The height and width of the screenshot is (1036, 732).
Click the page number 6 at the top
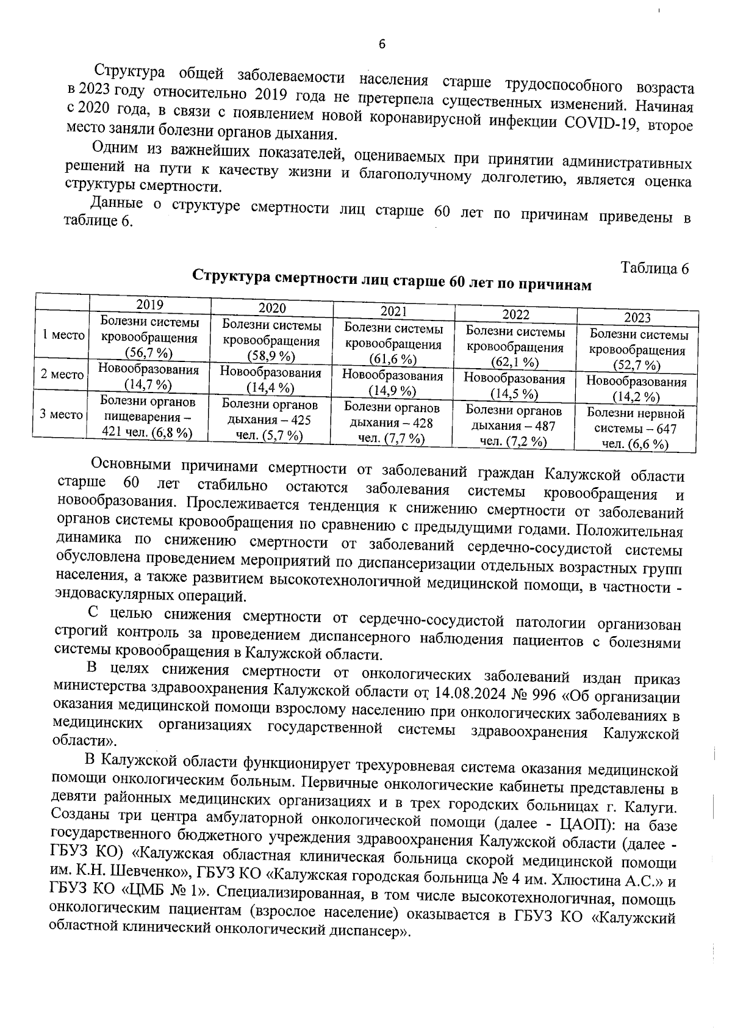point(382,45)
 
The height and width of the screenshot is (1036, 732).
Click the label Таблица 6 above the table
point(655,269)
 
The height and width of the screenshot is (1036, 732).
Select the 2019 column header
point(149,305)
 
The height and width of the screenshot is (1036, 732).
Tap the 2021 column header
point(393,311)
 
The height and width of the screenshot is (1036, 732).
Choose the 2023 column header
point(637,317)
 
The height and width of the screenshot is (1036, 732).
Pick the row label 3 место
point(62,415)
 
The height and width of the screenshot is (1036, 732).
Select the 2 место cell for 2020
point(271,380)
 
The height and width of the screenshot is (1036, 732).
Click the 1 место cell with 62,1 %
point(515,347)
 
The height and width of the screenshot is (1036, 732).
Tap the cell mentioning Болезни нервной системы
point(636,429)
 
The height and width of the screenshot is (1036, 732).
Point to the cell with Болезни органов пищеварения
point(148,417)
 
